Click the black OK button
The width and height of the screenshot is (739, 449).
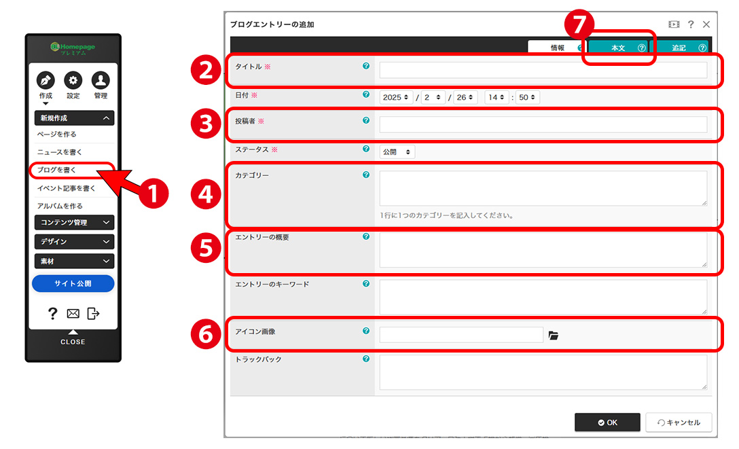coord(607,422)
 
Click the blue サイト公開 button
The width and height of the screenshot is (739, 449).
coord(73,283)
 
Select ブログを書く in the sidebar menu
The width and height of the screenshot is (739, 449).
coord(56,170)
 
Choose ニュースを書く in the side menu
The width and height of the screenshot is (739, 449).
coord(59,151)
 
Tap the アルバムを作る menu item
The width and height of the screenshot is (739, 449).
coord(60,206)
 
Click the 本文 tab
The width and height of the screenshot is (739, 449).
coord(619,48)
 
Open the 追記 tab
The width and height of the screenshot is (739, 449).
coord(679,48)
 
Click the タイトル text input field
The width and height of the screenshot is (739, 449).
coord(543,70)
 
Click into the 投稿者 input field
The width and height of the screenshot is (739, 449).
coord(543,124)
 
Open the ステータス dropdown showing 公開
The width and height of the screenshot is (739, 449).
coord(397,151)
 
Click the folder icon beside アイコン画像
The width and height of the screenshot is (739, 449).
coord(554,335)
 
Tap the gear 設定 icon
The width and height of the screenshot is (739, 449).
coord(73,81)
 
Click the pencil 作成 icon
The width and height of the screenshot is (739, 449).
coord(46,81)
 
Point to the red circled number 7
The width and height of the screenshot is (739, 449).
coord(579,24)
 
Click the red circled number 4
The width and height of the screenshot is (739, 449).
coord(206,194)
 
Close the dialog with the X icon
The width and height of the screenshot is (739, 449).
coord(706,24)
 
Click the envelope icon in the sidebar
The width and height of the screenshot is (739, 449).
coord(73,313)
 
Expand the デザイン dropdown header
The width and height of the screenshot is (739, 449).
coord(75,241)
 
